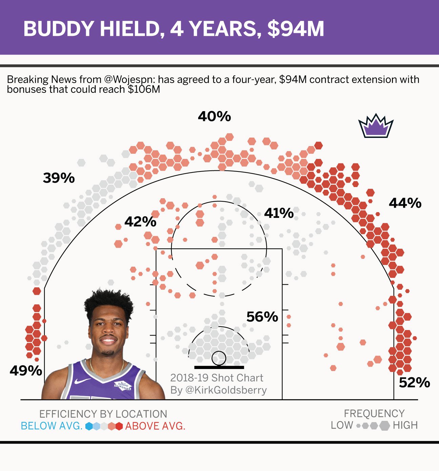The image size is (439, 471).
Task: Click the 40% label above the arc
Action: (214, 117)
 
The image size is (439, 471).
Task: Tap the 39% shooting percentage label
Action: (59, 178)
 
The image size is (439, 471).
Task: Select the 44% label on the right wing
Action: (405, 203)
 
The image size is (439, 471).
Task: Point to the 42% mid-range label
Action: (140, 222)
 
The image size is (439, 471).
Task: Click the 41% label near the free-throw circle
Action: (279, 213)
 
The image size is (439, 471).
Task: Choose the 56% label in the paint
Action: (262, 317)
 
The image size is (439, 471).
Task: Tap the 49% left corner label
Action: (26, 371)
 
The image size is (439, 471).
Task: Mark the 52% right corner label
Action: (414, 383)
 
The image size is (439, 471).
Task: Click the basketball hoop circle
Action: (219, 358)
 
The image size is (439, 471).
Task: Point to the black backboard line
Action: (219, 367)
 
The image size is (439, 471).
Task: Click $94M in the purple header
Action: (295, 29)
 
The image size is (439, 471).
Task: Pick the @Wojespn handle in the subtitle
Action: (129, 80)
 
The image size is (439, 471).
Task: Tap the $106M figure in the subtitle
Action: (144, 89)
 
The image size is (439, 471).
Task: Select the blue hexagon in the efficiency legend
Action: (89, 426)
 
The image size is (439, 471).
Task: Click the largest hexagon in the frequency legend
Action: (385, 426)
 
